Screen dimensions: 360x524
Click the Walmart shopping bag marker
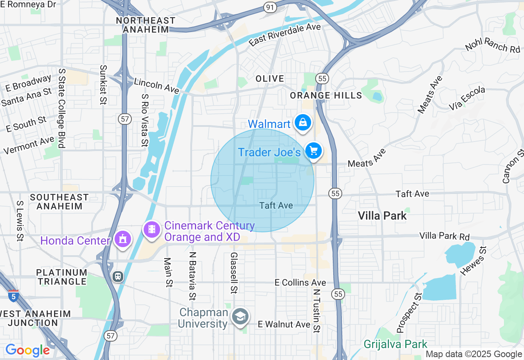click(303, 122)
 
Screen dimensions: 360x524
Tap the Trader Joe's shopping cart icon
click(314, 151)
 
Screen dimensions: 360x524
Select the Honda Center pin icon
click(122, 239)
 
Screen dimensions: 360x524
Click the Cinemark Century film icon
click(152, 229)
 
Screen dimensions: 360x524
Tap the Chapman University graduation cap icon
click(240, 317)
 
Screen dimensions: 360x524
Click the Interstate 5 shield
click(13, 295)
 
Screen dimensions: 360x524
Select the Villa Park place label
click(382, 216)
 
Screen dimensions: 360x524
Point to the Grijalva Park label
click(395, 344)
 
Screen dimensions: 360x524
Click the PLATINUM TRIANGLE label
click(61, 277)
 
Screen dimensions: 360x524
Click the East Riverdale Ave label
click(285, 34)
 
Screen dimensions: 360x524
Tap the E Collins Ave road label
click(300, 283)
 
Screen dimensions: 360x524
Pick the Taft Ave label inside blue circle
click(276, 205)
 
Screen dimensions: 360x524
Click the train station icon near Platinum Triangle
click(118, 277)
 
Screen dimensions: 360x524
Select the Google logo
click(28, 350)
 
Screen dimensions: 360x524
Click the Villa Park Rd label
click(444, 236)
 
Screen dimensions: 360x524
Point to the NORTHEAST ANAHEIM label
click(146, 25)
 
